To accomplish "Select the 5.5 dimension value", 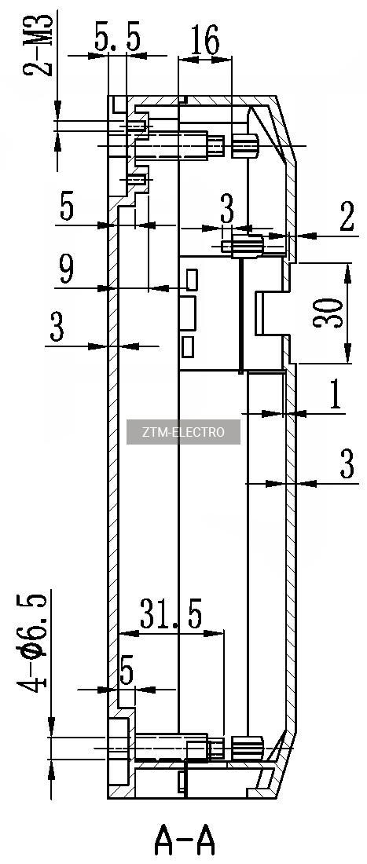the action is click(117, 38).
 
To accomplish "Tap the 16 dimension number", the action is click(203, 40).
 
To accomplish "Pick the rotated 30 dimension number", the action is click(326, 313).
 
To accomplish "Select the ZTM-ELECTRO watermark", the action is click(184, 432).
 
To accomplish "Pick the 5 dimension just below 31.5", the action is click(127, 673).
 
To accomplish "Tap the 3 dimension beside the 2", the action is click(227, 210).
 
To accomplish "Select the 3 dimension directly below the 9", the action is click(57, 328).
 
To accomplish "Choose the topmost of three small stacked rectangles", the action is click(192, 280).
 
